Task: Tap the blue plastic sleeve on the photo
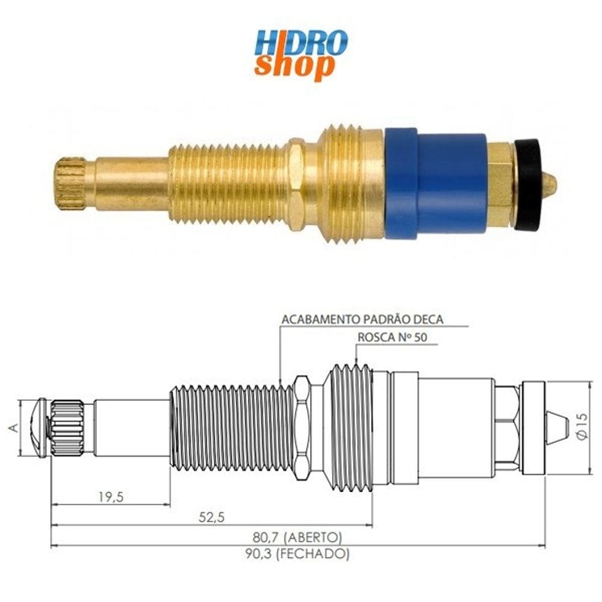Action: tap(436, 184)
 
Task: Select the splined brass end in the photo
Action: tap(71, 183)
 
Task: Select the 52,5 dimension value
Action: tap(211, 517)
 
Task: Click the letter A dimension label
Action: tap(13, 427)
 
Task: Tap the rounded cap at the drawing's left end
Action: tap(38, 427)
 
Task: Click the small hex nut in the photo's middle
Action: tap(296, 184)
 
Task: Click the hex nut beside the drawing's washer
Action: tap(507, 426)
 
